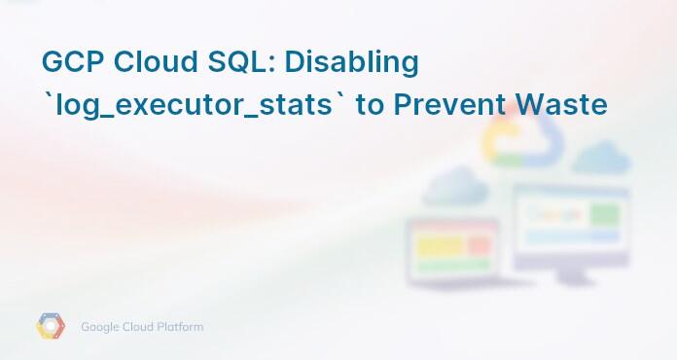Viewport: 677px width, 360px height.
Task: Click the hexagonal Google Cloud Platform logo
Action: (51, 327)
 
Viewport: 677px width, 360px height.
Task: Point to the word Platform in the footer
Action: (179, 327)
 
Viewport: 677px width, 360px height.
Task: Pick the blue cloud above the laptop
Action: (454, 184)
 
